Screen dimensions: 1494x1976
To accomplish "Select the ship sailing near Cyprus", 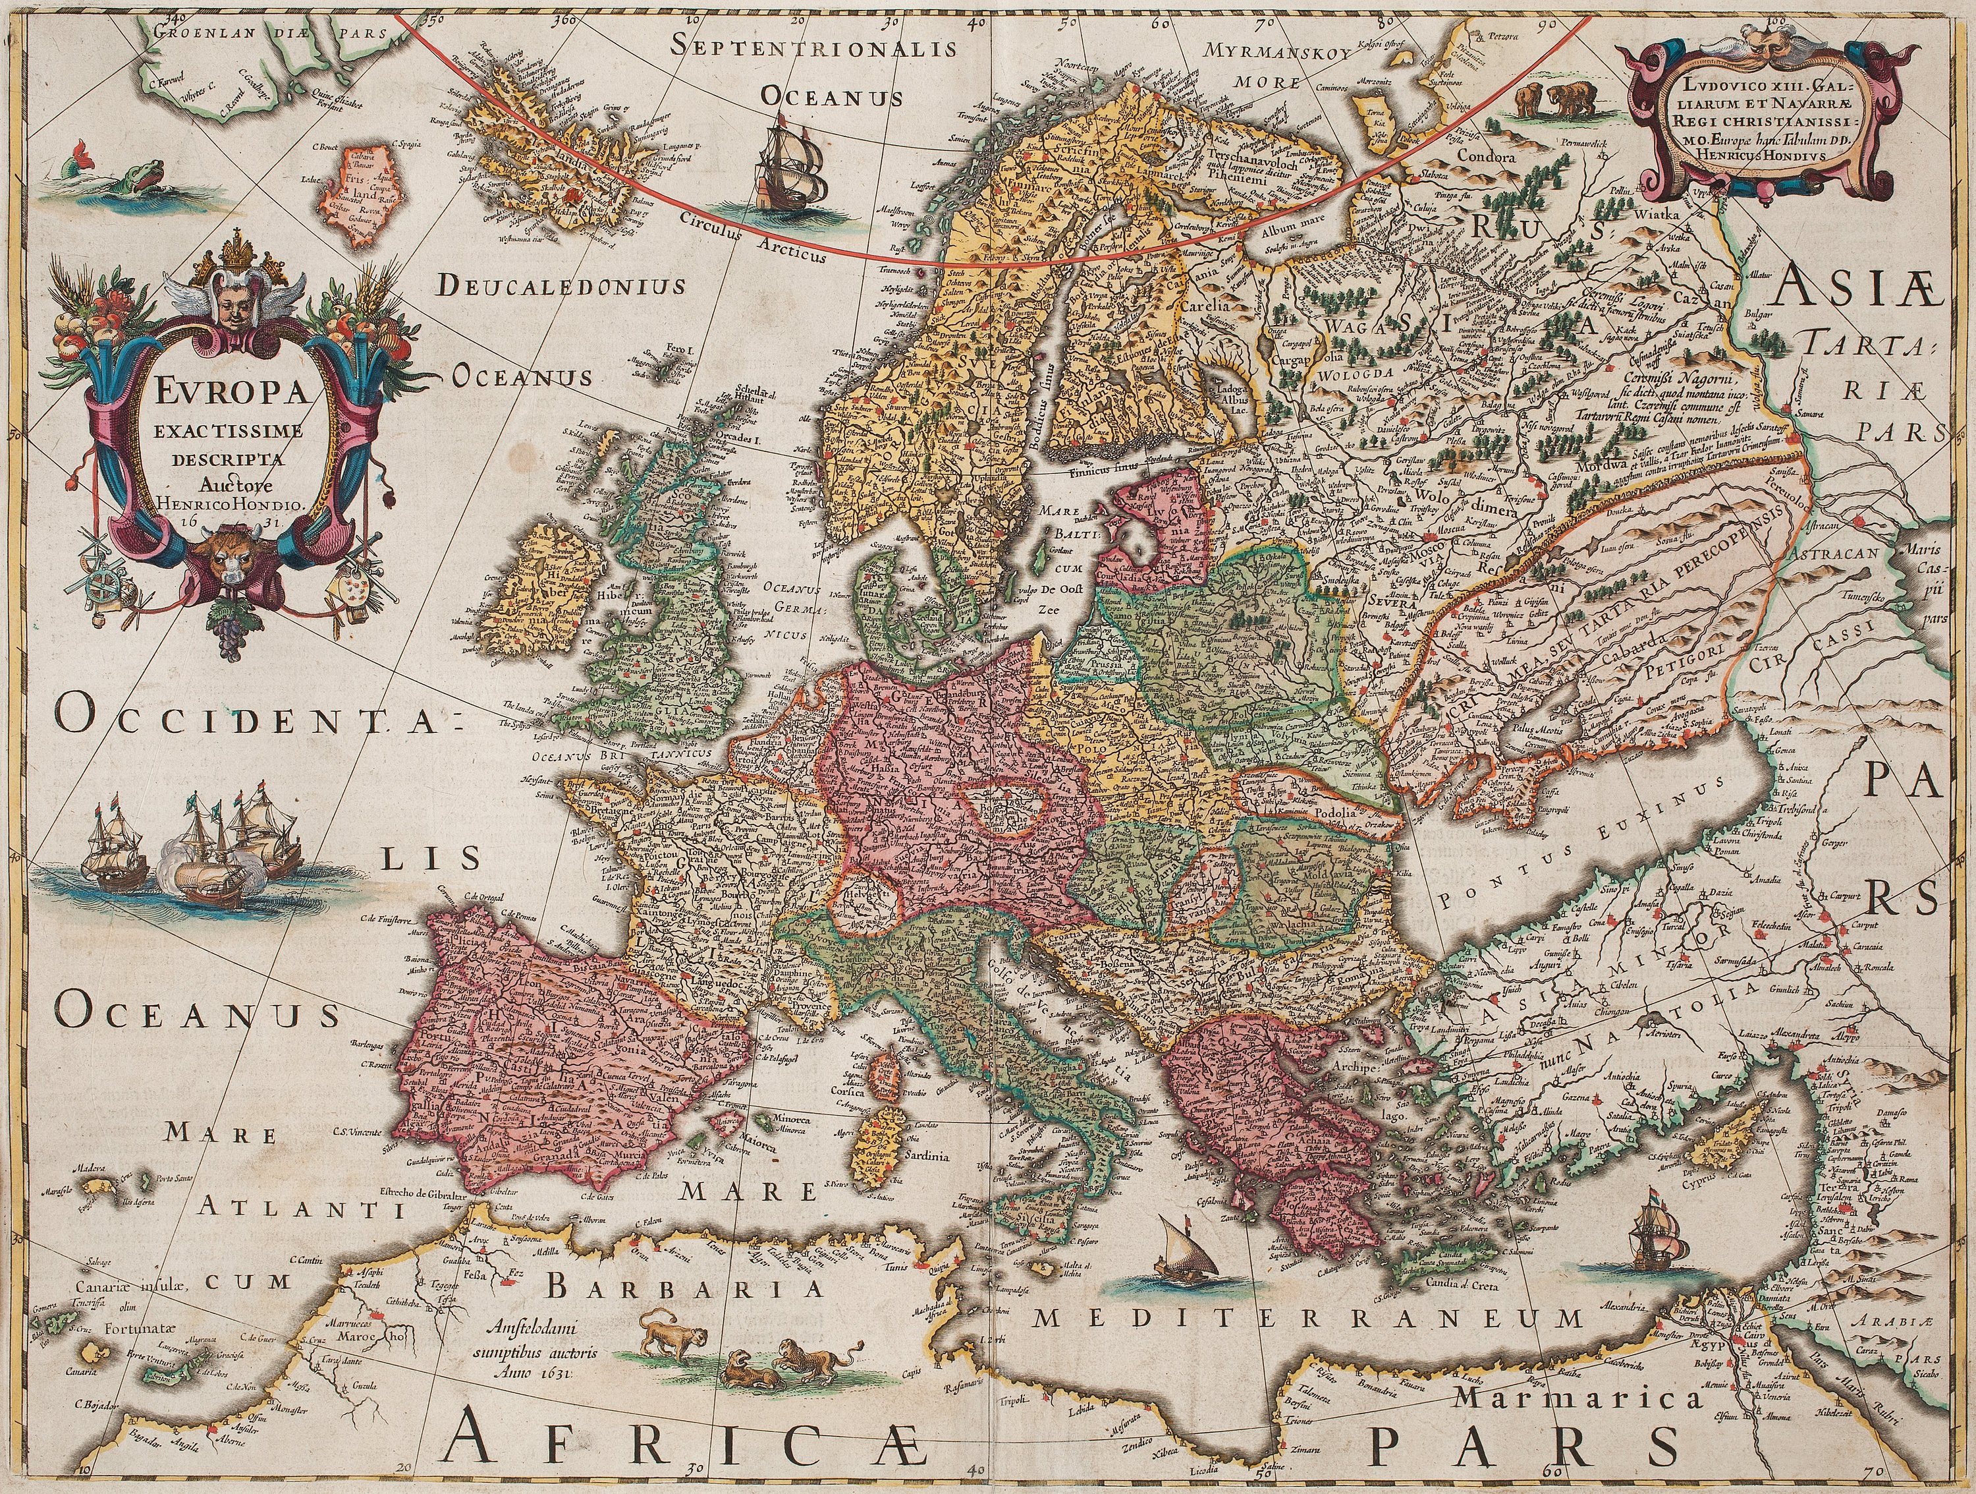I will click(1652, 1238).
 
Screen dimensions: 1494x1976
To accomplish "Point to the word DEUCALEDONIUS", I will click(562, 286).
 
